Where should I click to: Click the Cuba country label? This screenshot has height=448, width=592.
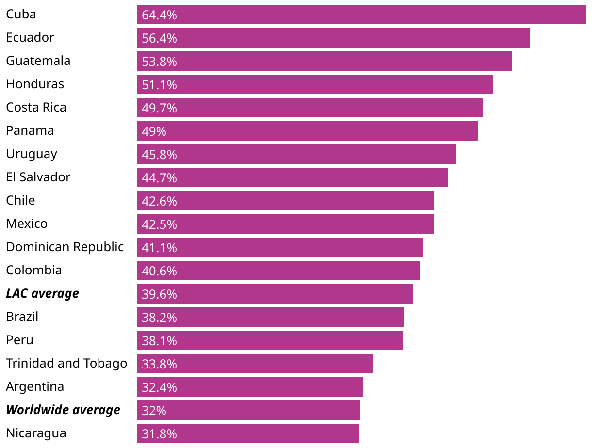[x=21, y=14]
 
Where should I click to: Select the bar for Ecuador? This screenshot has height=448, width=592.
[x=333, y=38]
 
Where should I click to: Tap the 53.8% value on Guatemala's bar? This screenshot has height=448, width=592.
[x=159, y=62]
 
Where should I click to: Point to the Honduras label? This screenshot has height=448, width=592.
[x=35, y=84]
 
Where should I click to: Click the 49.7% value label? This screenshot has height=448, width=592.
[x=159, y=108]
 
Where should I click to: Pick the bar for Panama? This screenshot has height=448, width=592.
[x=307, y=131]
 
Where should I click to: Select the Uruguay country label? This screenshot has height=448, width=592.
[x=32, y=154]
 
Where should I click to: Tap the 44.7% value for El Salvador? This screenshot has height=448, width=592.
[x=159, y=178]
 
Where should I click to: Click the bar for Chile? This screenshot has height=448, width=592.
[x=285, y=201]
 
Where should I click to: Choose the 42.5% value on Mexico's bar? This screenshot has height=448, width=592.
[x=159, y=224]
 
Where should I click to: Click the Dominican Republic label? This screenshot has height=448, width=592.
[x=65, y=247]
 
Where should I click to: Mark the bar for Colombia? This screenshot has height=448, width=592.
[x=278, y=271]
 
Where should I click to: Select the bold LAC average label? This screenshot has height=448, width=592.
[x=42, y=293]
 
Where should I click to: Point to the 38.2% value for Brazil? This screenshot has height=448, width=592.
[x=159, y=318]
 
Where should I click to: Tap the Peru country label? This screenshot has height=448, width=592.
[x=20, y=340]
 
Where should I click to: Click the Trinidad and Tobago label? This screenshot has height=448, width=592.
[x=66, y=363]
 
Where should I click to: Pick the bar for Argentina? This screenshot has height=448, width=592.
[x=249, y=387]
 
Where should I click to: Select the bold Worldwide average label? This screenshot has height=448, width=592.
[x=63, y=410]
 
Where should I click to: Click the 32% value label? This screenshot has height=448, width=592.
[x=154, y=411]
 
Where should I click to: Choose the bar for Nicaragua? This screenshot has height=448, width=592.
[x=247, y=433]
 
